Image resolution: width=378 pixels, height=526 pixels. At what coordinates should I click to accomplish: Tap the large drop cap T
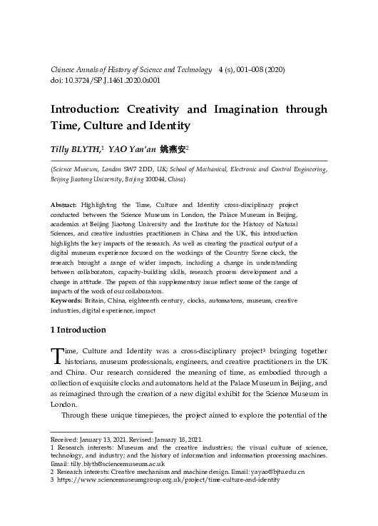point(56,355)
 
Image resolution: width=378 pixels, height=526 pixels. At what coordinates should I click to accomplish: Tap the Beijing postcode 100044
point(155,178)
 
